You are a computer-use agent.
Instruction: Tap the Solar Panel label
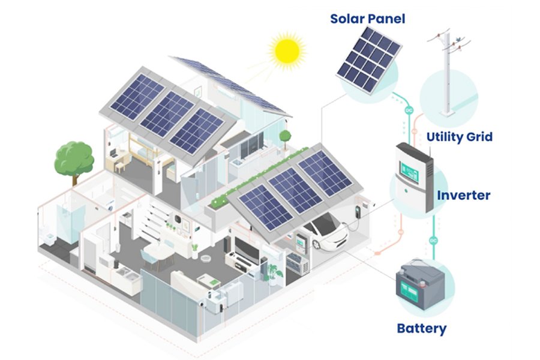367,19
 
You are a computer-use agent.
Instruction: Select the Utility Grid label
460,137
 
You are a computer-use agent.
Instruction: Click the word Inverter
464,196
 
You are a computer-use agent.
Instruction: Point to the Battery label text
422,328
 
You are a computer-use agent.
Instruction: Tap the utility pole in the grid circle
448,73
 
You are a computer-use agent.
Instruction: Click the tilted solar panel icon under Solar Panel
369,59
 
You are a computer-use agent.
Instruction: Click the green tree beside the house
74,162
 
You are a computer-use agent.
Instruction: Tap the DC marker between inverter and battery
433,240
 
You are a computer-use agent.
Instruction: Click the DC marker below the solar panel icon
409,110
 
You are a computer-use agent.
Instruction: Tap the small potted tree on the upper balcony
285,140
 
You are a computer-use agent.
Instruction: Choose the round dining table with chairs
158,254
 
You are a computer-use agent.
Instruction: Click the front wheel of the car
316,244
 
